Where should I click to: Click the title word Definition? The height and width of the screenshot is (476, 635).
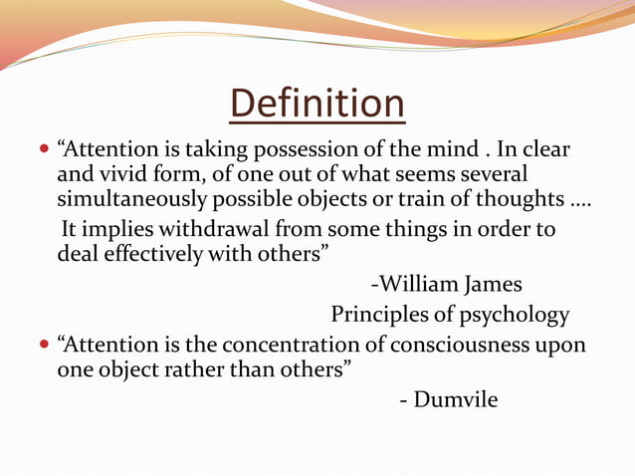click(317, 104)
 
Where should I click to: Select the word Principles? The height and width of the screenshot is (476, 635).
click(379, 316)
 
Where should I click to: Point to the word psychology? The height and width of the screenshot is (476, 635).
click(516, 316)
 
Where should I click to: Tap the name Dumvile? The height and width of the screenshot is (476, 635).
click(456, 400)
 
